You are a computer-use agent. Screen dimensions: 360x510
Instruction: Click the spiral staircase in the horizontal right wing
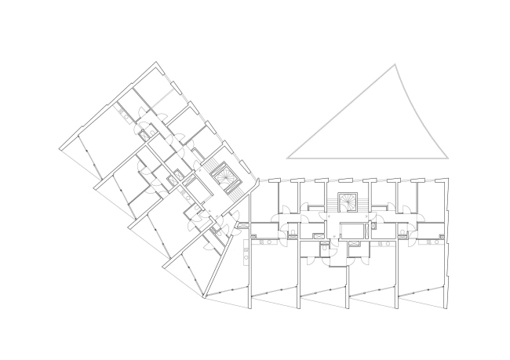[x=347, y=202]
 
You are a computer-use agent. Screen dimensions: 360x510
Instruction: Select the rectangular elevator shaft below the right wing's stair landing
[x=351, y=231]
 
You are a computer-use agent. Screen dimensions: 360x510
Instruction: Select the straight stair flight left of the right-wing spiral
[x=330, y=208]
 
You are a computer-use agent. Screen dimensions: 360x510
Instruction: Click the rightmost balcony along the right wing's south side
[x=422, y=296]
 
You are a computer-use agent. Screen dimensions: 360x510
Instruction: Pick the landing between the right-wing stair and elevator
[x=347, y=217]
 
